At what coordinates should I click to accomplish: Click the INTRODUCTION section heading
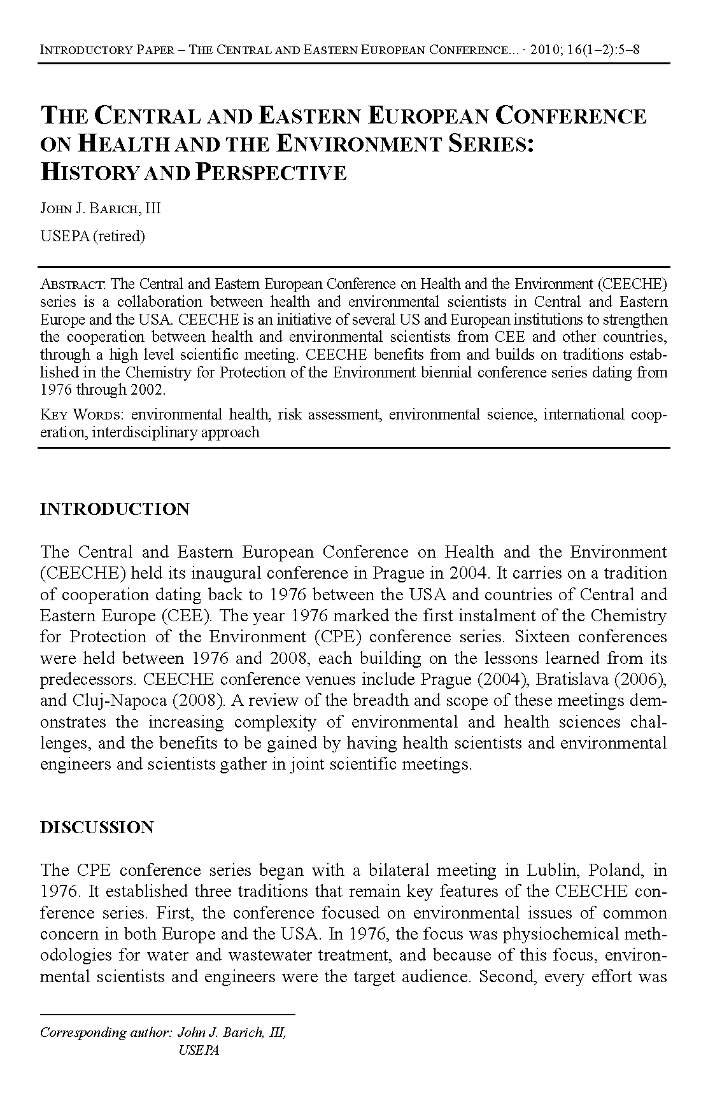click(115, 509)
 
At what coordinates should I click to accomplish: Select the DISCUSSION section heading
click(97, 827)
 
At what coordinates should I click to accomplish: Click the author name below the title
click(101, 209)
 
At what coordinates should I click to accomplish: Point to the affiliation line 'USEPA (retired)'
click(92, 236)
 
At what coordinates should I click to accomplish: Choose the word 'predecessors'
click(88, 679)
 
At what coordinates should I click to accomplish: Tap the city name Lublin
click(551, 870)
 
